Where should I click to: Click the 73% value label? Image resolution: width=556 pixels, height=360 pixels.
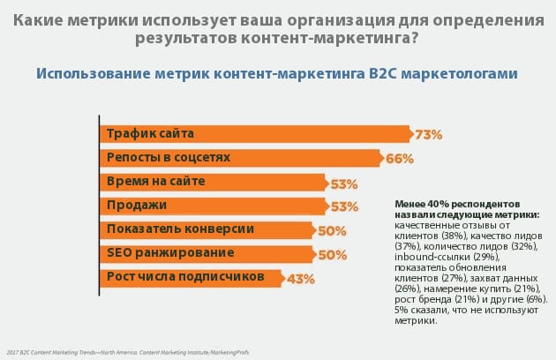point(428,135)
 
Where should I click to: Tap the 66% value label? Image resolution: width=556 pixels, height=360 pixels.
point(400,159)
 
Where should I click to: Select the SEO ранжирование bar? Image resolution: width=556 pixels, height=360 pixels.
point(204,254)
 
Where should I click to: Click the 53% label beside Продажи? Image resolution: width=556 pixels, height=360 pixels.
point(344,207)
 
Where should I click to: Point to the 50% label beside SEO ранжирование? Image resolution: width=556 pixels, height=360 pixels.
point(331,255)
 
